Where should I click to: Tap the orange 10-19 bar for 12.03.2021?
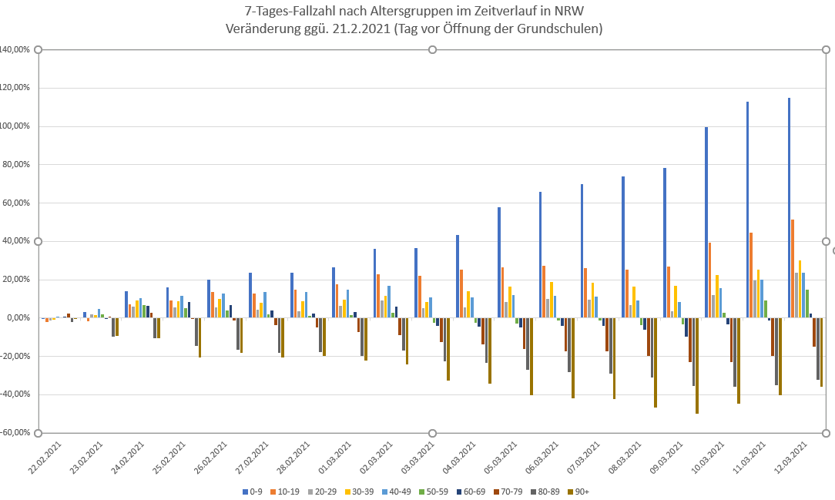pos(793,269)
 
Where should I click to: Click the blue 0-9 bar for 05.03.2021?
pos(499,263)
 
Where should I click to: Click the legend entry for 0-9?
pos(252,491)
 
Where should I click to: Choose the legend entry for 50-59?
pos(431,491)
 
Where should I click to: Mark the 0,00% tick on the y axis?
pos(17,318)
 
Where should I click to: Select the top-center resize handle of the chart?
pos(432,50)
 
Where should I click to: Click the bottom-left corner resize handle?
pos(38,433)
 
